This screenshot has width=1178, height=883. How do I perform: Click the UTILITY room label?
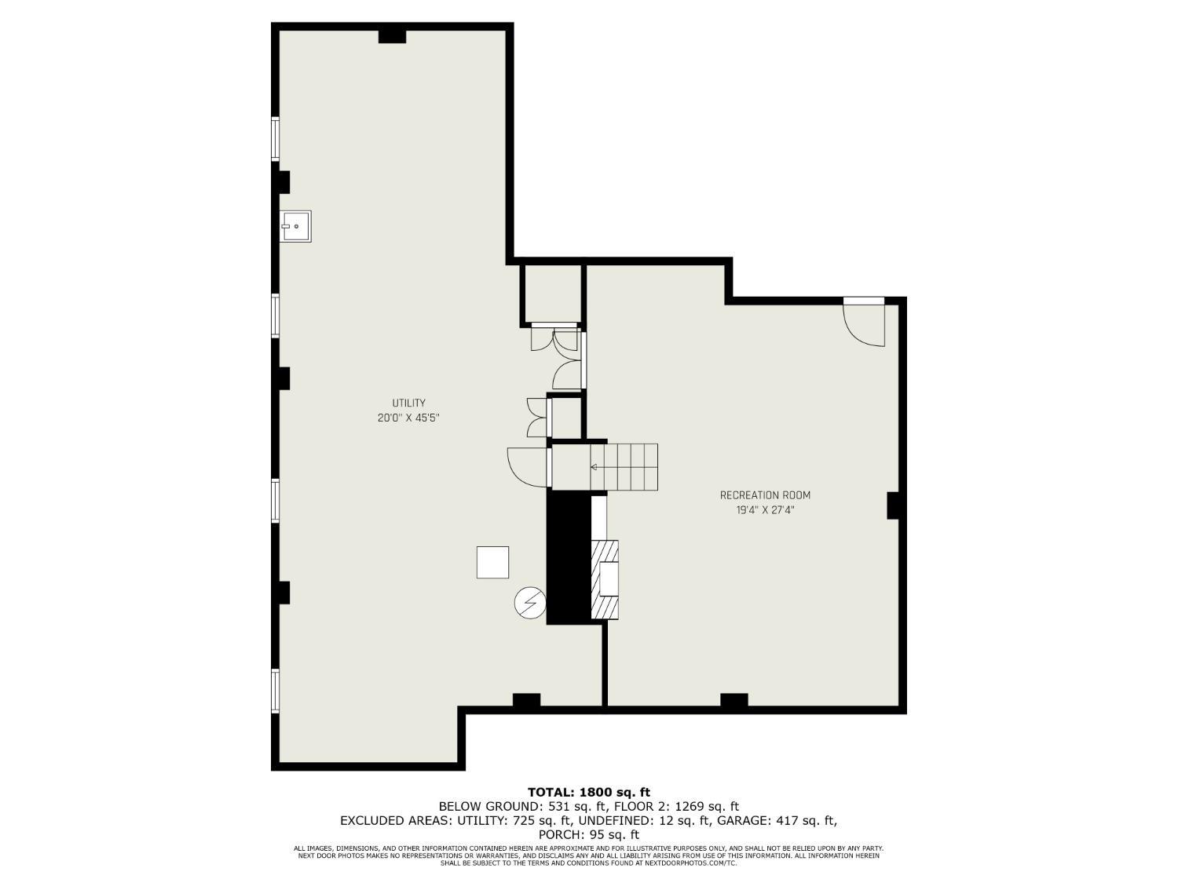click(x=408, y=403)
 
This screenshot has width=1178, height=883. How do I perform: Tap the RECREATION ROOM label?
click(x=765, y=495)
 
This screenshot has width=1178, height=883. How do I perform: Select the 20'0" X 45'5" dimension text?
click(x=408, y=418)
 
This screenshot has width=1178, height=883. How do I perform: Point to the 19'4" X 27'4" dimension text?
click(x=765, y=510)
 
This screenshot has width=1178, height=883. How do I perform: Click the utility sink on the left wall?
click(x=296, y=226)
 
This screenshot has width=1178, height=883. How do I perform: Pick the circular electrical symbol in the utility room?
click(x=529, y=602)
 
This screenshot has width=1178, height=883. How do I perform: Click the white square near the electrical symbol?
click(x=492, y=562)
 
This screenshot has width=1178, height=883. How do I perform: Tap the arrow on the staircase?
click(x=594, y=467)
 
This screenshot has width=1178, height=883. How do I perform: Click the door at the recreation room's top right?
click(x=865, y=322)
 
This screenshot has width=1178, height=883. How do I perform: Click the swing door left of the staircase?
click(x=528, y=466)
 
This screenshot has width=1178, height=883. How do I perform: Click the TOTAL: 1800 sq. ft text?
click(x=588, y=792)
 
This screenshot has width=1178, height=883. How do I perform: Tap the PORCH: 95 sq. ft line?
click(x=588, y=834)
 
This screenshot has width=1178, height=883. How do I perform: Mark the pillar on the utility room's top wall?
click(x=392, y=36)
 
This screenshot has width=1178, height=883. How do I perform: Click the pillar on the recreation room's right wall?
click(x=893, y=505)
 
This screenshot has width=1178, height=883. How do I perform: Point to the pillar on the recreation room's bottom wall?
click(x=734, y=700)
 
